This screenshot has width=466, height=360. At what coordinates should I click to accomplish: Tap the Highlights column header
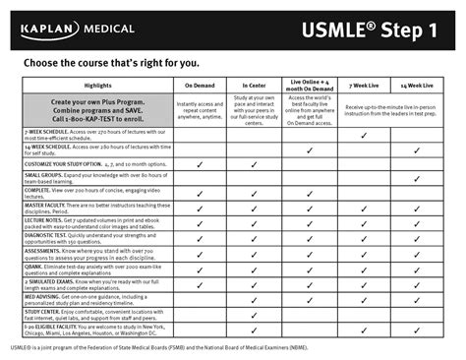pos(97,87)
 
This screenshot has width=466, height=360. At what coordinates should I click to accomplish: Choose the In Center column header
pos(255,87)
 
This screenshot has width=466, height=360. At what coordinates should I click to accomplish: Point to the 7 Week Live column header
pos(363,87)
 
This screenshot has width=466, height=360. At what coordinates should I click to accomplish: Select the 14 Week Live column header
pos(417,87)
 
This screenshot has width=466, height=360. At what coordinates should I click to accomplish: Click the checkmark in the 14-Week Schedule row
pos(417,149)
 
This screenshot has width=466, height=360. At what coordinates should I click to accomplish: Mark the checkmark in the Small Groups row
pos(417,179)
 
